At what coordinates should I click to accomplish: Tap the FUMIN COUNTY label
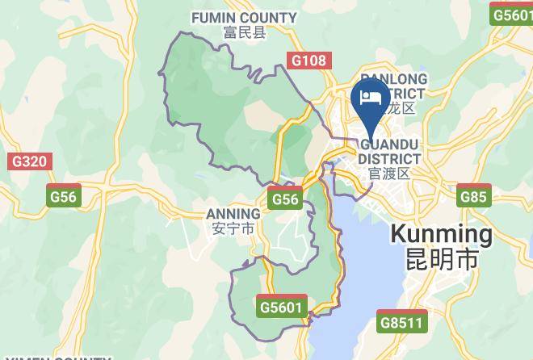(x=245, y=17)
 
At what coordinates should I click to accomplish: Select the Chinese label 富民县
(x=245, y=32)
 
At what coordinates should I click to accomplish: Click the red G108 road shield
(x=309, y=61)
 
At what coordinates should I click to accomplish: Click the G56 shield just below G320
(x=63, y=196)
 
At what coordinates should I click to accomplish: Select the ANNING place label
(x=233, y=214)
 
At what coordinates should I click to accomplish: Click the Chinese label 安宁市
(x=233, y=228)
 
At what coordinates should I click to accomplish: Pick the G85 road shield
(x=472, y=196)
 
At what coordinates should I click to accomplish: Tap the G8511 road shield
(x=402, y=323)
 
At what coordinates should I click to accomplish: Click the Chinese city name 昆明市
(x=441, y=260)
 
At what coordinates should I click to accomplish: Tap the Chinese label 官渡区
(x=389, y=174)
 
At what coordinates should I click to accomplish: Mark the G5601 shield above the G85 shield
(x=512, y=15)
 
